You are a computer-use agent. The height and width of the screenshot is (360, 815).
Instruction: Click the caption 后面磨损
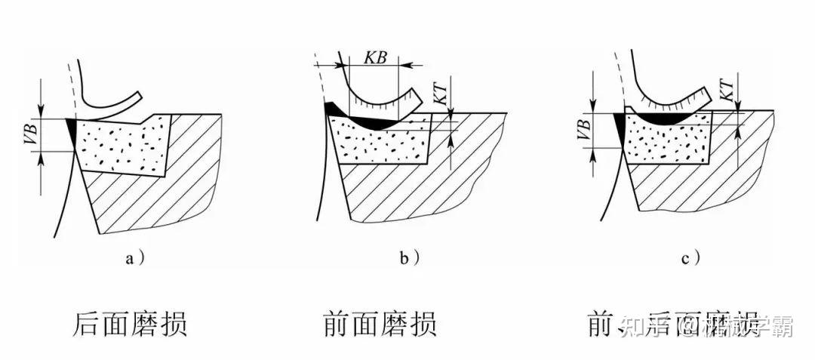[x=129, y=325]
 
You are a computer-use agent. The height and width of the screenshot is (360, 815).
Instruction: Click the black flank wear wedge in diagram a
[x=72, y=130]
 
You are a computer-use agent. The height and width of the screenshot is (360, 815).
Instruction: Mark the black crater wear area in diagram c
[x=664, y=118]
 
